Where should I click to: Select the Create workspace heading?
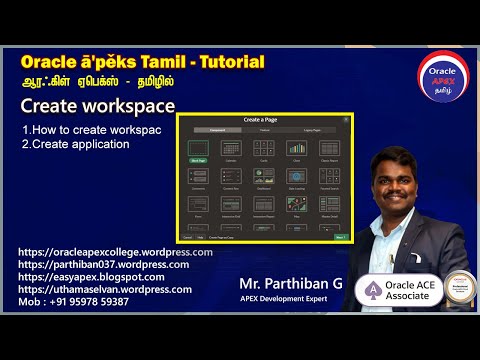coord(98,107)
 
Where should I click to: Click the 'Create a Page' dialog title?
coord(265,121)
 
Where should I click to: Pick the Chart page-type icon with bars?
coord(296,150)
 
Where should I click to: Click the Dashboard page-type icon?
coord(264,180)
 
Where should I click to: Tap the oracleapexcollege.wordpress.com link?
coord(115,253)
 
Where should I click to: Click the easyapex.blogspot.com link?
coord(91,277)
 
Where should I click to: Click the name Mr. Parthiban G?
coord(291,284)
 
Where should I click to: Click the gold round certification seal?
coord(459,287)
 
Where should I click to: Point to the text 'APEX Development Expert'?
coord(290,298)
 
